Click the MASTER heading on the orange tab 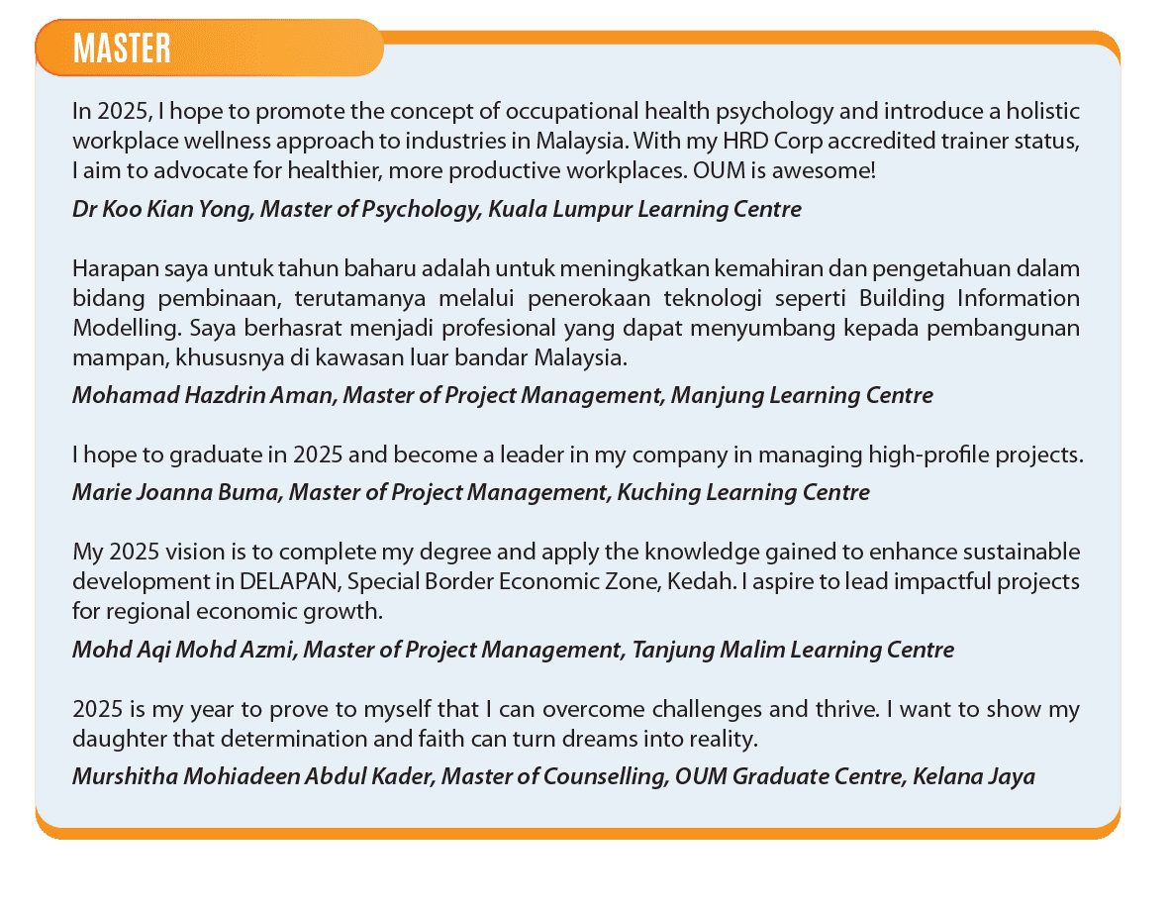[122, 48]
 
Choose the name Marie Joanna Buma [175, 492]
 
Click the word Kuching [658, 492]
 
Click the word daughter [114, 739]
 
